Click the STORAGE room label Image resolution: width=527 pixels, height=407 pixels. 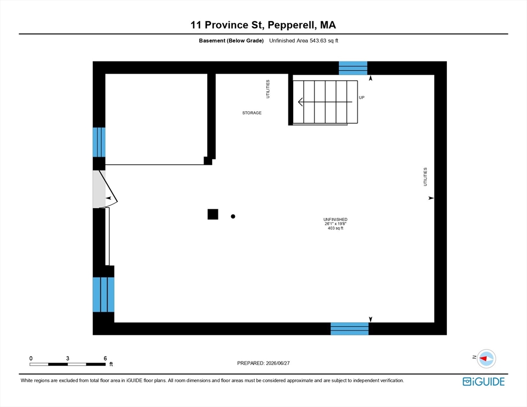pyautogui.click(x=252, y=113)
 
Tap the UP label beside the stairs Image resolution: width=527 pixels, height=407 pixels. pyautogui.click(x=362, y=98)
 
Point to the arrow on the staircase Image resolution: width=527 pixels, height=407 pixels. pyautogui.click(x=325, y=102)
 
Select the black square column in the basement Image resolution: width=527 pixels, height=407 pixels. pyautogui.click(x=213, y=214)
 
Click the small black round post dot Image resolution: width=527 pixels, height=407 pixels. pyautogui.click(x=233, y=216)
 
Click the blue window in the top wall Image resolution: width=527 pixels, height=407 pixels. pyautogui.click(x=353, y=68)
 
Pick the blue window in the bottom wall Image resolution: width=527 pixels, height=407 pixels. pyautogui.click(x=349, y=329)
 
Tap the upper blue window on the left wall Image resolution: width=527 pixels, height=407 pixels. pyautogui.click(x=99, y=142)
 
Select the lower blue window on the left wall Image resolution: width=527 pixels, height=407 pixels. pyautogui.click(x=103, y=295)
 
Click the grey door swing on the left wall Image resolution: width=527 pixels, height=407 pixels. pyautogui.click(x=99, y=189)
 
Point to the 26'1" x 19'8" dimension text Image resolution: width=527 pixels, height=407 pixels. pyautogui.click(x=336, y=224)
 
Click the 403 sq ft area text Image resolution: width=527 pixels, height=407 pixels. pyautogui.click(x=336, y=228)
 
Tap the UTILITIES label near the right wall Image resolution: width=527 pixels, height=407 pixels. pyautogui.click(x=425, y=177)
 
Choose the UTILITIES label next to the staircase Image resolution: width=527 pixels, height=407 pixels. pyautogui.click(x=268, y=89)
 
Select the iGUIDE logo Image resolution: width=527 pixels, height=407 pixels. pyautogui.click(x=484, y=382)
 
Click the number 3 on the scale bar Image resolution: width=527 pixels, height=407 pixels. pyautogui.click(x=67, y=358)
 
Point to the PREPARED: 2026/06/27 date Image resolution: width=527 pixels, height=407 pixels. pyautogui.click(x=263, y=363)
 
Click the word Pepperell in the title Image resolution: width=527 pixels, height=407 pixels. pyautogui.click(x=292, y=25)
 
